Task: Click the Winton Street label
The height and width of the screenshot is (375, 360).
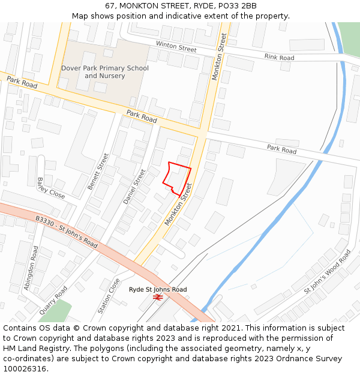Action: (176, 47)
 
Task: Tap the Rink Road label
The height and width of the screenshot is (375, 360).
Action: (279, 57)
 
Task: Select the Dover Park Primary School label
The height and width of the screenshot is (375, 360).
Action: (104, 68)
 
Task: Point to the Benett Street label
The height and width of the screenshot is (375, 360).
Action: (98, 172)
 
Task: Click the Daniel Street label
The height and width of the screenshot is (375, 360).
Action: (135, 186)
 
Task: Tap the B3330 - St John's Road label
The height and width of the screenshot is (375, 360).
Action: (66, 233)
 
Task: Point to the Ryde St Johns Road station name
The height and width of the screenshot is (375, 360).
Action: (158, 289)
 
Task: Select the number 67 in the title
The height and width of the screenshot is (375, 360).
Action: (110, 5)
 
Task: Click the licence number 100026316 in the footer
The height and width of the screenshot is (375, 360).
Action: (25, 369)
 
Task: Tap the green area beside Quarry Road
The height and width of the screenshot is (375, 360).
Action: (58, 311)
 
